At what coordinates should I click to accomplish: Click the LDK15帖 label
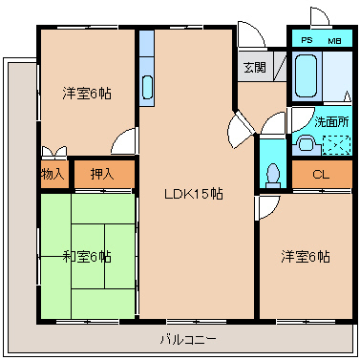click(x=194, y=194)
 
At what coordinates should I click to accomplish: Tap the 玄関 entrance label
click(x=255, y=67)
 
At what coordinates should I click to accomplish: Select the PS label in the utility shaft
click(x=307, y=40)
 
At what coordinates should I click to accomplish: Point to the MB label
click(x=334, y=41)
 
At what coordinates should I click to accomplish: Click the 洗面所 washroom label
click(x=331, y=122)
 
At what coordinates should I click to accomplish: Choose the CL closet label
click(x=321, y=175)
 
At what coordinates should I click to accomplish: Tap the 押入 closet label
click(x=102, y=174)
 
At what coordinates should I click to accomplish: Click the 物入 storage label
click(x=53, y=174)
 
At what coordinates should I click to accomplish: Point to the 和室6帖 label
click(x=87, y=257)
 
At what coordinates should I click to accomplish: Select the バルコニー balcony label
click(x=188, y=340)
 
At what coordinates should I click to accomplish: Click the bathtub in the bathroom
click(x=306, y=75)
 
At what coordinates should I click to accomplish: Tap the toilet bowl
click(x=273, y=176)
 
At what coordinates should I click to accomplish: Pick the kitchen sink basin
click(x=147, y=87)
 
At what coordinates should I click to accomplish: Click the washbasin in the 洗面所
click(x=307, y=144)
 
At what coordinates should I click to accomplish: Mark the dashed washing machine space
click(x=336, y=145)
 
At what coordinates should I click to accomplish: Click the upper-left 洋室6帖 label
click(x=87, y=94)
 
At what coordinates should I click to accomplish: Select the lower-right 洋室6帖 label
click(x=306, y=257)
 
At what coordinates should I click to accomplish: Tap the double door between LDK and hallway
click(x=242, y=129)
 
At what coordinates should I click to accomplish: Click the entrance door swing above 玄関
click(x=251, y=35)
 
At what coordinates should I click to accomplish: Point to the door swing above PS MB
click(x=320, y=16)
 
